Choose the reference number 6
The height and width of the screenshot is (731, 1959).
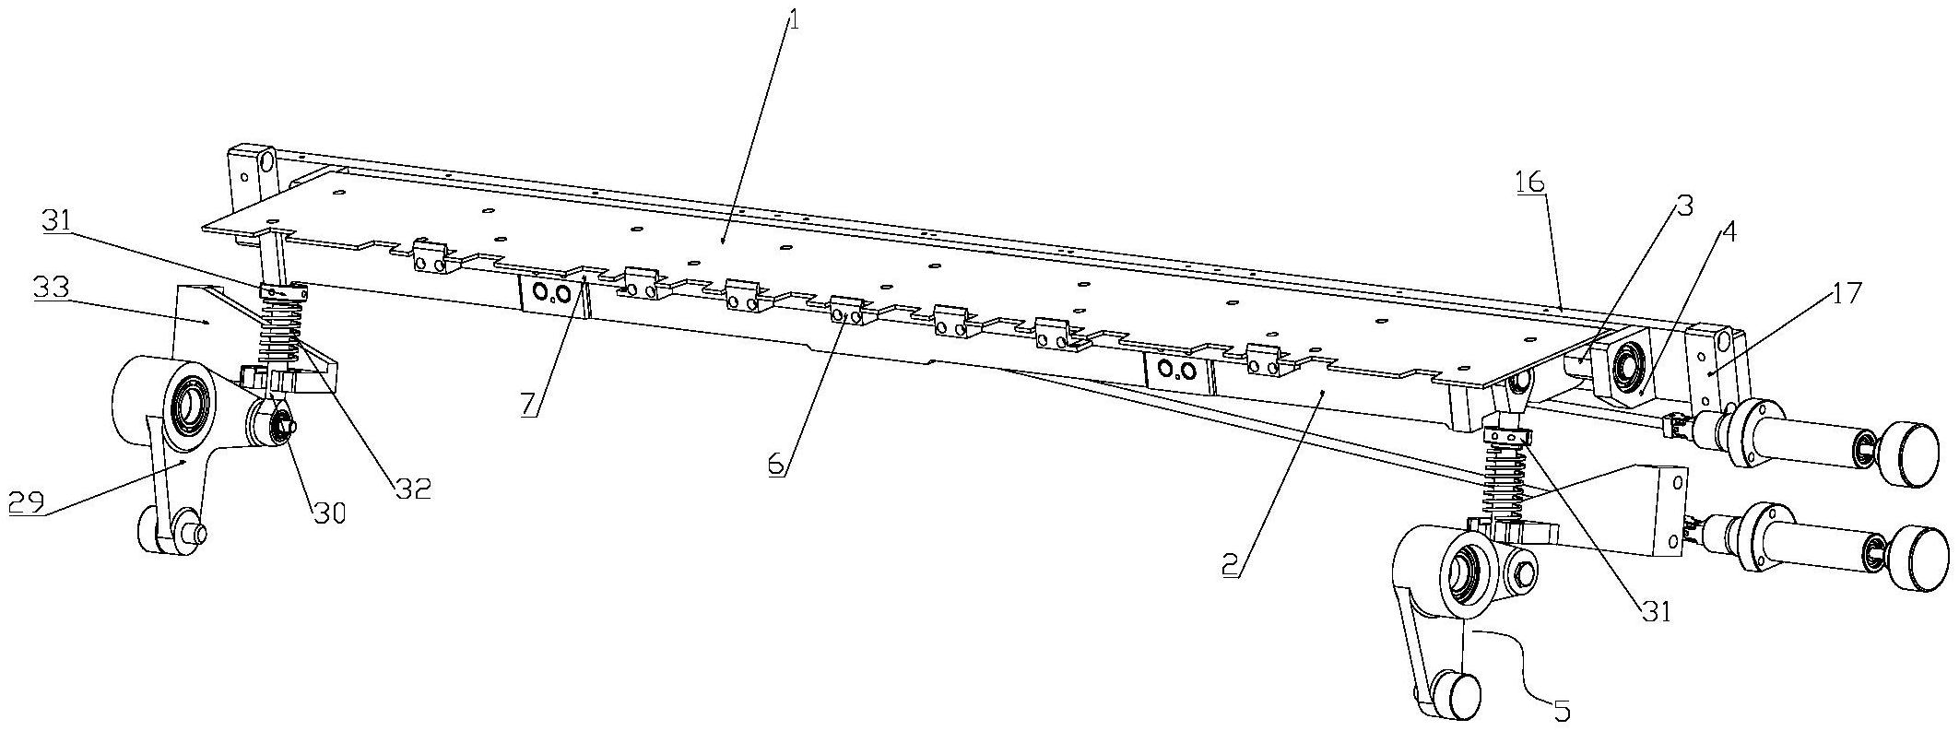[778, 466]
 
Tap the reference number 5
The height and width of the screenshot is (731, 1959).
[1562, 710]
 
